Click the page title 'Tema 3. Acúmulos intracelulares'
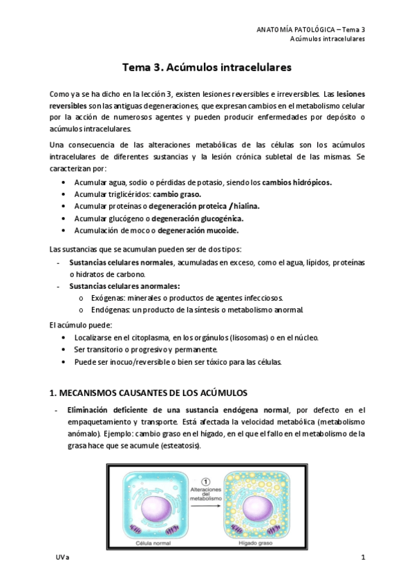coord(207,68)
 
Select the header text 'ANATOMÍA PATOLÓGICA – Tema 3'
coord(310,29)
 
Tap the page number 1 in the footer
coord(363,557)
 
